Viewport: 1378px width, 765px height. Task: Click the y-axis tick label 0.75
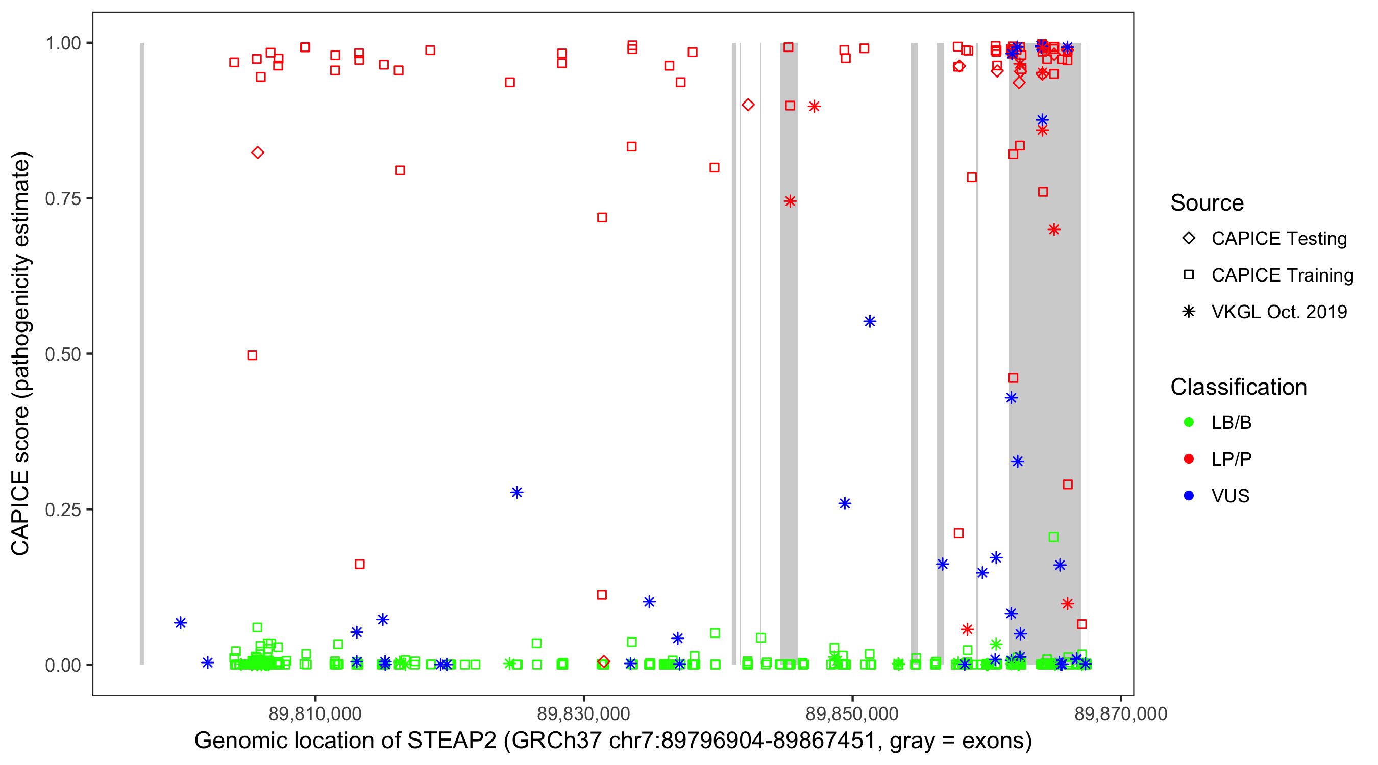pyautogui.click(x=62, y=199)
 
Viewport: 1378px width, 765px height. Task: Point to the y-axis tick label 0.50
pyautogui.click(x=62, y=354)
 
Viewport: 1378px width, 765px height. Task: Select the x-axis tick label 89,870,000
pyautogui.click(x=1120, y=713)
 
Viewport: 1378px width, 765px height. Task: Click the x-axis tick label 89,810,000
pyautogui.click(x=315, y=713)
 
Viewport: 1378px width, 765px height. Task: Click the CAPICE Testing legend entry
pyautogui.click(x=1278, y=239)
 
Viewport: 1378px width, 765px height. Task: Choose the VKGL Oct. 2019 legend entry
pyautogui.click(x=1278, y=312)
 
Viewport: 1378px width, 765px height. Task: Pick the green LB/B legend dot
pyautogui.click(x=1189, y=422)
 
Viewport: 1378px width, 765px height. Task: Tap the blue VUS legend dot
pyautogui.click(x=1189, y=496)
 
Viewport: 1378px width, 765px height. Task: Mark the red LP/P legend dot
pyautogui.click(x=1189, y=459)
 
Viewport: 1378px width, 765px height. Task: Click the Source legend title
pyautogui.click(x=1207, y=203)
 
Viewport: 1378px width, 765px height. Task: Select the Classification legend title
pyautogui.click(x=1238, y=387)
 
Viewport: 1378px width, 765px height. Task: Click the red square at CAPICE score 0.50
pyautogui.click(x=253, y=355)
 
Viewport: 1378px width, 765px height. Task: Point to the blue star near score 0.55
pyautogui.click(x=870, y=321)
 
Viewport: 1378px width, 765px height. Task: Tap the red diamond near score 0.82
pyautogui.click(x=257, y=153)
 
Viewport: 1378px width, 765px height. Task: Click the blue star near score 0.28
pyautogui.click(x=516, y=492)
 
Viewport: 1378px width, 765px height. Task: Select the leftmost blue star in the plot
pyautogui.click(x=181, y=623)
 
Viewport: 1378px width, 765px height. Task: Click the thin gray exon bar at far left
pyautogui.click(x=142, y=353)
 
